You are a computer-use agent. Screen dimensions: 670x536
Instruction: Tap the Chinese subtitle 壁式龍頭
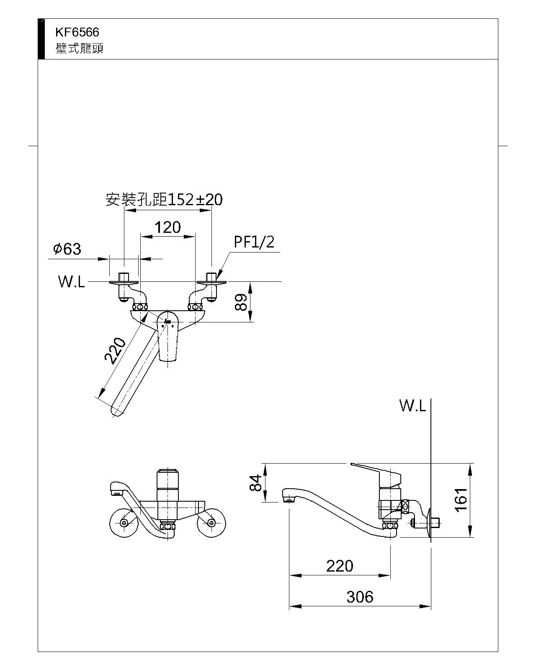point(79,49)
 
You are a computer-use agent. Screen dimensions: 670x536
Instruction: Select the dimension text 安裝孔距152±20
point(164,200)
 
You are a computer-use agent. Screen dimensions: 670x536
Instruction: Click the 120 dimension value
point(167,227)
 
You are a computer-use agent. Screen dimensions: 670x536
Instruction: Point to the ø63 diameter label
point(67,249)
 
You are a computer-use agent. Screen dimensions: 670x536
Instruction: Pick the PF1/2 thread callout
point(254,242)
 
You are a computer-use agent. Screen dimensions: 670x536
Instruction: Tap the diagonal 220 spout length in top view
point(115,350)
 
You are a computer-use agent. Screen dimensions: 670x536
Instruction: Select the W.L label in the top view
point(71,282)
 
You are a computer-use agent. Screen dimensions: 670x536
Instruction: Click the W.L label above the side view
point(412,405)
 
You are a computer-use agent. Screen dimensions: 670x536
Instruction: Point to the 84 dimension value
point(256,482)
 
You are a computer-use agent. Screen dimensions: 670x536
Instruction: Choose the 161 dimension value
point(461,500)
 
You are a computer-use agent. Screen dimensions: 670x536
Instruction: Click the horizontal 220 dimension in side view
point(340,566)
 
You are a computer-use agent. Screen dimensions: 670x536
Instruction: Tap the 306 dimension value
point(360,597)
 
